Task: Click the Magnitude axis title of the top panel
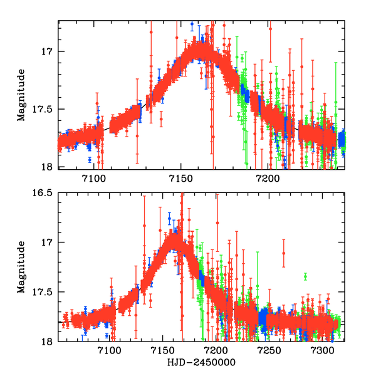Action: (x=21, y=94)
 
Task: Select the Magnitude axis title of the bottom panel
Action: (x=21, y=267)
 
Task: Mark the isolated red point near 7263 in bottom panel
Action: (x=284, y=253)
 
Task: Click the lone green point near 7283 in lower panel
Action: (x=305, y=276)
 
